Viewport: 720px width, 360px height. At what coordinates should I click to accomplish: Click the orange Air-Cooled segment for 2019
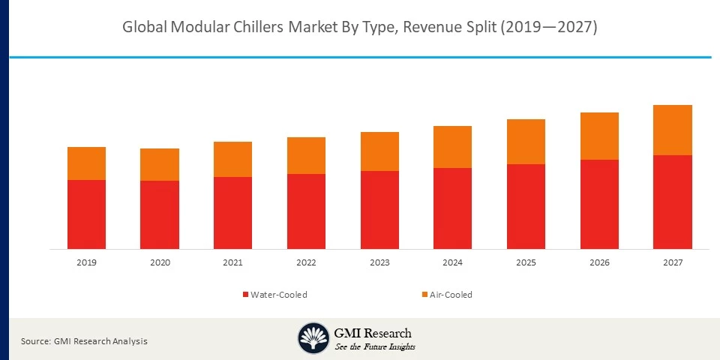point(86,163)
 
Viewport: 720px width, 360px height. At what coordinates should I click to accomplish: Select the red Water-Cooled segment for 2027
point(672,202)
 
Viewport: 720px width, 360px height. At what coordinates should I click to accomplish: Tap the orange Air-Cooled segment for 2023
point(379,151)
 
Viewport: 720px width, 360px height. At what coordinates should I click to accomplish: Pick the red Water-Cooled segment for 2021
point(232,213)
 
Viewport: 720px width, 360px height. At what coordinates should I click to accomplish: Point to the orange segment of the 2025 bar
point(526,142)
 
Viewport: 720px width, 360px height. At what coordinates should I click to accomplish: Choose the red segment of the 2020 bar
point(160,214)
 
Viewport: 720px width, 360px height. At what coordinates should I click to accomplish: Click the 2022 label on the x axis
point(306,263)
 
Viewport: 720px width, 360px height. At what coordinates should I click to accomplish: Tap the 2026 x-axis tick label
point(599,263)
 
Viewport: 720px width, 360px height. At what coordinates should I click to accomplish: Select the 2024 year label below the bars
point(452,263)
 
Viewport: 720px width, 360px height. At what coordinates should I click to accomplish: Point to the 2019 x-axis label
point(86,263)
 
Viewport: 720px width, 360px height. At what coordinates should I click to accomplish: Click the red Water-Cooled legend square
point(245,295)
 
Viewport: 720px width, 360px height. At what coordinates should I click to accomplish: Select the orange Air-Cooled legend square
point(424,295)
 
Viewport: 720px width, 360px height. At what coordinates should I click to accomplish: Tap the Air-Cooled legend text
point(451,295)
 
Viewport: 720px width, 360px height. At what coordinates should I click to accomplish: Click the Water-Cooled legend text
point(279,295)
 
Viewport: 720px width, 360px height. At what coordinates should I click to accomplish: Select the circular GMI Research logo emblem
point(313,338)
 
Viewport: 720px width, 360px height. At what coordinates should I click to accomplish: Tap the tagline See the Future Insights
point(375,347)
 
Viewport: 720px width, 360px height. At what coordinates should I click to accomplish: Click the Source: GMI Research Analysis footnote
point(84,341)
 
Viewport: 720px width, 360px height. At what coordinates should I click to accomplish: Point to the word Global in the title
point(145,28)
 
